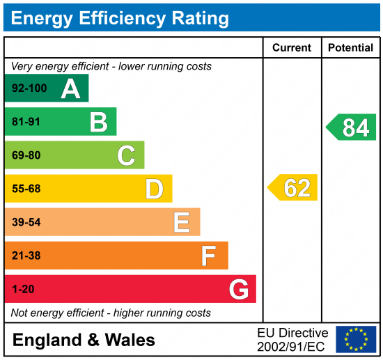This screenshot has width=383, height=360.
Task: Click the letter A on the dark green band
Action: [70, 88]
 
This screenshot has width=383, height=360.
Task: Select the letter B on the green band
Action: [98, 122]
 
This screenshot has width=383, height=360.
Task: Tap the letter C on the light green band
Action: [126, 155]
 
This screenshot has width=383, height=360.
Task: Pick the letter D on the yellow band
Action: [154, 189]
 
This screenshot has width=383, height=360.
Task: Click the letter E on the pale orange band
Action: [181, 222]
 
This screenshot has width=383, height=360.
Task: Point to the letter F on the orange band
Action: [208, 256]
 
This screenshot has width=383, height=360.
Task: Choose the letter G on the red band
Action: [239, 289]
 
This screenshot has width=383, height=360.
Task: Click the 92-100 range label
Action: [29, 88]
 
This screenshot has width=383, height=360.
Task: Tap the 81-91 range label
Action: [26, 122]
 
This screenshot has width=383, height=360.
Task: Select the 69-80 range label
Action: [26, 155]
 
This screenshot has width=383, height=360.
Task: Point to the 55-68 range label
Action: [26, 189]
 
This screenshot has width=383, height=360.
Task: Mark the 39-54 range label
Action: [26, 222]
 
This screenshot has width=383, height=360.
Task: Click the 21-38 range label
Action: [26, 256]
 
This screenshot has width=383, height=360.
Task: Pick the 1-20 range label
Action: [23, 289]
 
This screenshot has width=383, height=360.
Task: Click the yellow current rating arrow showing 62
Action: [293, 188]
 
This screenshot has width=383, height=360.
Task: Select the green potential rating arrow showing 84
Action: [352, 127]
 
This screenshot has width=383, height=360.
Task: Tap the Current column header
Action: [292, 48]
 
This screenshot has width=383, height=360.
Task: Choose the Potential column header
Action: [350, 48]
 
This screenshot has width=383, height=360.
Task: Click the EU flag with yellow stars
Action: [356, 339]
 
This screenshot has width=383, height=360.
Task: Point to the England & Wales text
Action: [84, 340]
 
